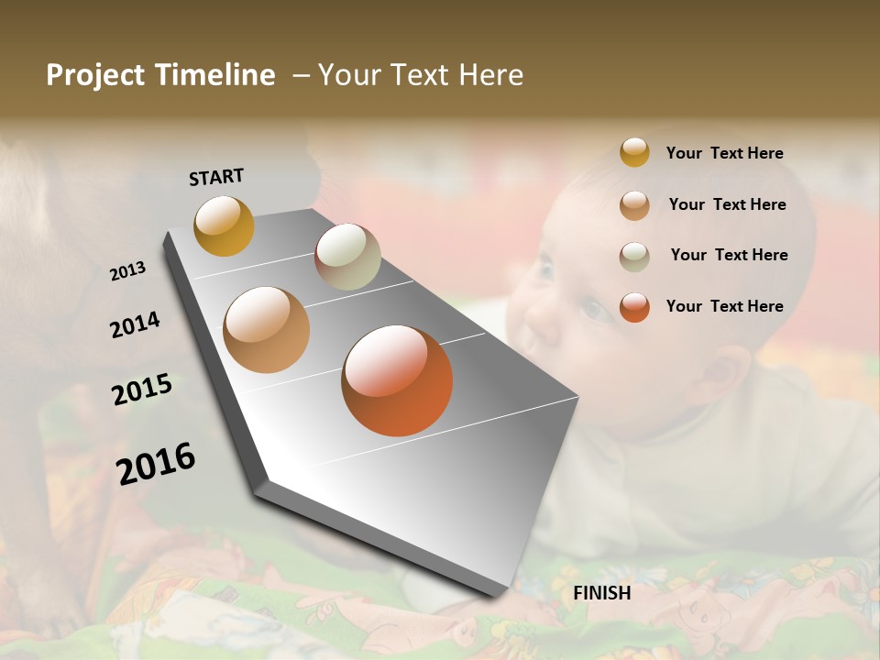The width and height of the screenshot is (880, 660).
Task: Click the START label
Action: click(x=216, y=177)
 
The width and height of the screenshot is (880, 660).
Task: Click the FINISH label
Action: click(x=601, y=593)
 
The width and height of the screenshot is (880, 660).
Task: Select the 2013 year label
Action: click(x=127, y=271)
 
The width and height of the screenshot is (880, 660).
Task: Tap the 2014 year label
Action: click(x=135, y=324)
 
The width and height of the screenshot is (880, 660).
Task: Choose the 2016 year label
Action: click(x=156, y=463)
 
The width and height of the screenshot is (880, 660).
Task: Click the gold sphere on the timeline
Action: click(x=224, y=225)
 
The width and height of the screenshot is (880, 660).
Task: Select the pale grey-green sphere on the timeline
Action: click(x=347, y=257)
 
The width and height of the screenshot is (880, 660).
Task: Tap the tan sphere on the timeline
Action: click(x=267, y=330)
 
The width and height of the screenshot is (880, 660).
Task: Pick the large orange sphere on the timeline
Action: click(x=397, y=380)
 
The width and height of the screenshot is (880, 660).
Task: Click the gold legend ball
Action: click(x=634, y=153)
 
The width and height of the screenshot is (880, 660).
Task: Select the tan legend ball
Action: click(x=634, y=204)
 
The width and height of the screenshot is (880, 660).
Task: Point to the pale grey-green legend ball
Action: click(x=634, y=256)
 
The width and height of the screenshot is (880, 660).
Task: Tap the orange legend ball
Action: click(x=634, y=307)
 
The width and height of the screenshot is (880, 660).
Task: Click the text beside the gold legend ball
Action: click(x=724, y=153)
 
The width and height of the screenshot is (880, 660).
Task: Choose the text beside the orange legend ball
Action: click(x=724, y=306)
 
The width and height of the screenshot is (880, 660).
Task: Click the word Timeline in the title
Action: click(x=215, y=75)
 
